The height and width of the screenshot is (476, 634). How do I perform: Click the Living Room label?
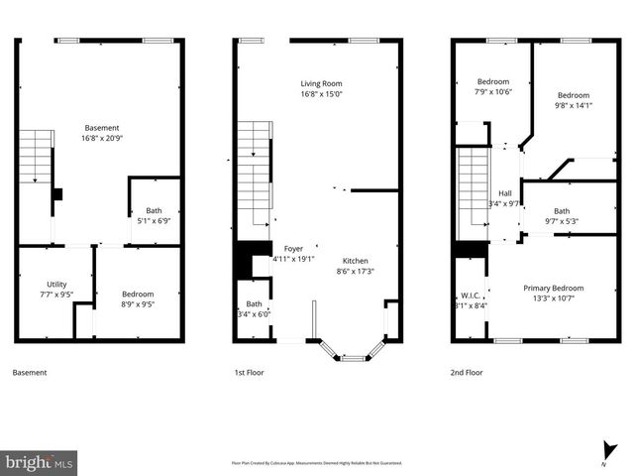tap(321, 82)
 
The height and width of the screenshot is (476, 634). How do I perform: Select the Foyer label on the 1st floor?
tap(293, 249)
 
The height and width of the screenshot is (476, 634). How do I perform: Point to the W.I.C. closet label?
tap(470, 296)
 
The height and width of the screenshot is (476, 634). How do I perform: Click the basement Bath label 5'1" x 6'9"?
tap(154, 210)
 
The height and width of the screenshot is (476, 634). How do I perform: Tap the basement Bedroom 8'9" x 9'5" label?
tap(138, 294)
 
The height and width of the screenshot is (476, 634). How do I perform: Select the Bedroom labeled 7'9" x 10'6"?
tap(493, 81)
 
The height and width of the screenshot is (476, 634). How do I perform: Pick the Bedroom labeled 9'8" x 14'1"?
tap(571, 95)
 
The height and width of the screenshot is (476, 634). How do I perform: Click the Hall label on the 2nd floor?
tap(504, 193)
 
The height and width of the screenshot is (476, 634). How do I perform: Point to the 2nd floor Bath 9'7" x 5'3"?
tap(562, 210)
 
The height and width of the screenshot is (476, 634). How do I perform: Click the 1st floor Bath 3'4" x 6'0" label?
tap(255, 304)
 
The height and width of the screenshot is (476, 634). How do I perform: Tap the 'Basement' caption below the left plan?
tap(29, 373)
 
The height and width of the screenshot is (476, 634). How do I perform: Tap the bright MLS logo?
tap(40, 462)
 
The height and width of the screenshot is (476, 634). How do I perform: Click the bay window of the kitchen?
tap(353, 351)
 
